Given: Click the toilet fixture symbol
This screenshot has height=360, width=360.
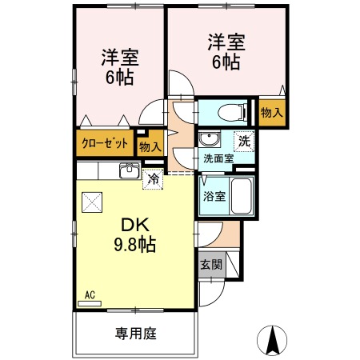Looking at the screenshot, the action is pyautogui.click(x=232, y=112).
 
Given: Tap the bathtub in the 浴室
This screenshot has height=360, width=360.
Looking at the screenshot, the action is pyautogui.click(x=241, y=196).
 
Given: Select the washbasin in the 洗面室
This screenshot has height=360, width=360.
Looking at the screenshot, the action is pyautogui.click(x=210, y=138).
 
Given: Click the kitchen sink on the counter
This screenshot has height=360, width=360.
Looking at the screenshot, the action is pyautogui.click(x=130, y=170).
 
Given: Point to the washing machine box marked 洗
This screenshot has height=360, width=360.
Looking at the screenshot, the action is pyautogui.click(x=244, y=142).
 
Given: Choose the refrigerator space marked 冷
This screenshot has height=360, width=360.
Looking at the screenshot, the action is pyautogui.click(x=153, y=179).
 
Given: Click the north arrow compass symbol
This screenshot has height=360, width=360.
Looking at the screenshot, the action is pyautogui.click(x=272, y=341).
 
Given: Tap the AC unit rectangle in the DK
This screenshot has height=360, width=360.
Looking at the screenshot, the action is pyautogui.click(x=90, y=303).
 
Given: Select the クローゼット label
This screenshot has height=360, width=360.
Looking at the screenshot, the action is pyautogui.click(x=105, y=143).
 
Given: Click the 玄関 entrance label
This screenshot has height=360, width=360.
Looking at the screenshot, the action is pyautogui.click(x=211, y=265).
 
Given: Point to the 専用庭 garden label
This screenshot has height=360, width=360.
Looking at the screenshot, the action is pyautogui.click(x=136, y=334).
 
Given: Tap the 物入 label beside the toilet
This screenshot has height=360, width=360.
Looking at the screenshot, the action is pyautogui.click(x=272, y=113).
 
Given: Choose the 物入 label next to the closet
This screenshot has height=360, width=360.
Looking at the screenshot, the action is pyautogui.click(x=150, y=146).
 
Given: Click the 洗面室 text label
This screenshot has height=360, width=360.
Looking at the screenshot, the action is pyautogui.click(x=218, y=158).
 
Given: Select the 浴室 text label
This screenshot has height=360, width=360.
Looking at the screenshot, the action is pyautogui.click(x=214, y=197).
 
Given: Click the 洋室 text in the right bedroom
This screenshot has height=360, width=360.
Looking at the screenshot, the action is pyautogui.click(x=226, y=42).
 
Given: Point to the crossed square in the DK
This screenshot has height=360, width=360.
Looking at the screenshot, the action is pyautogui.click(x=92, y=202).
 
